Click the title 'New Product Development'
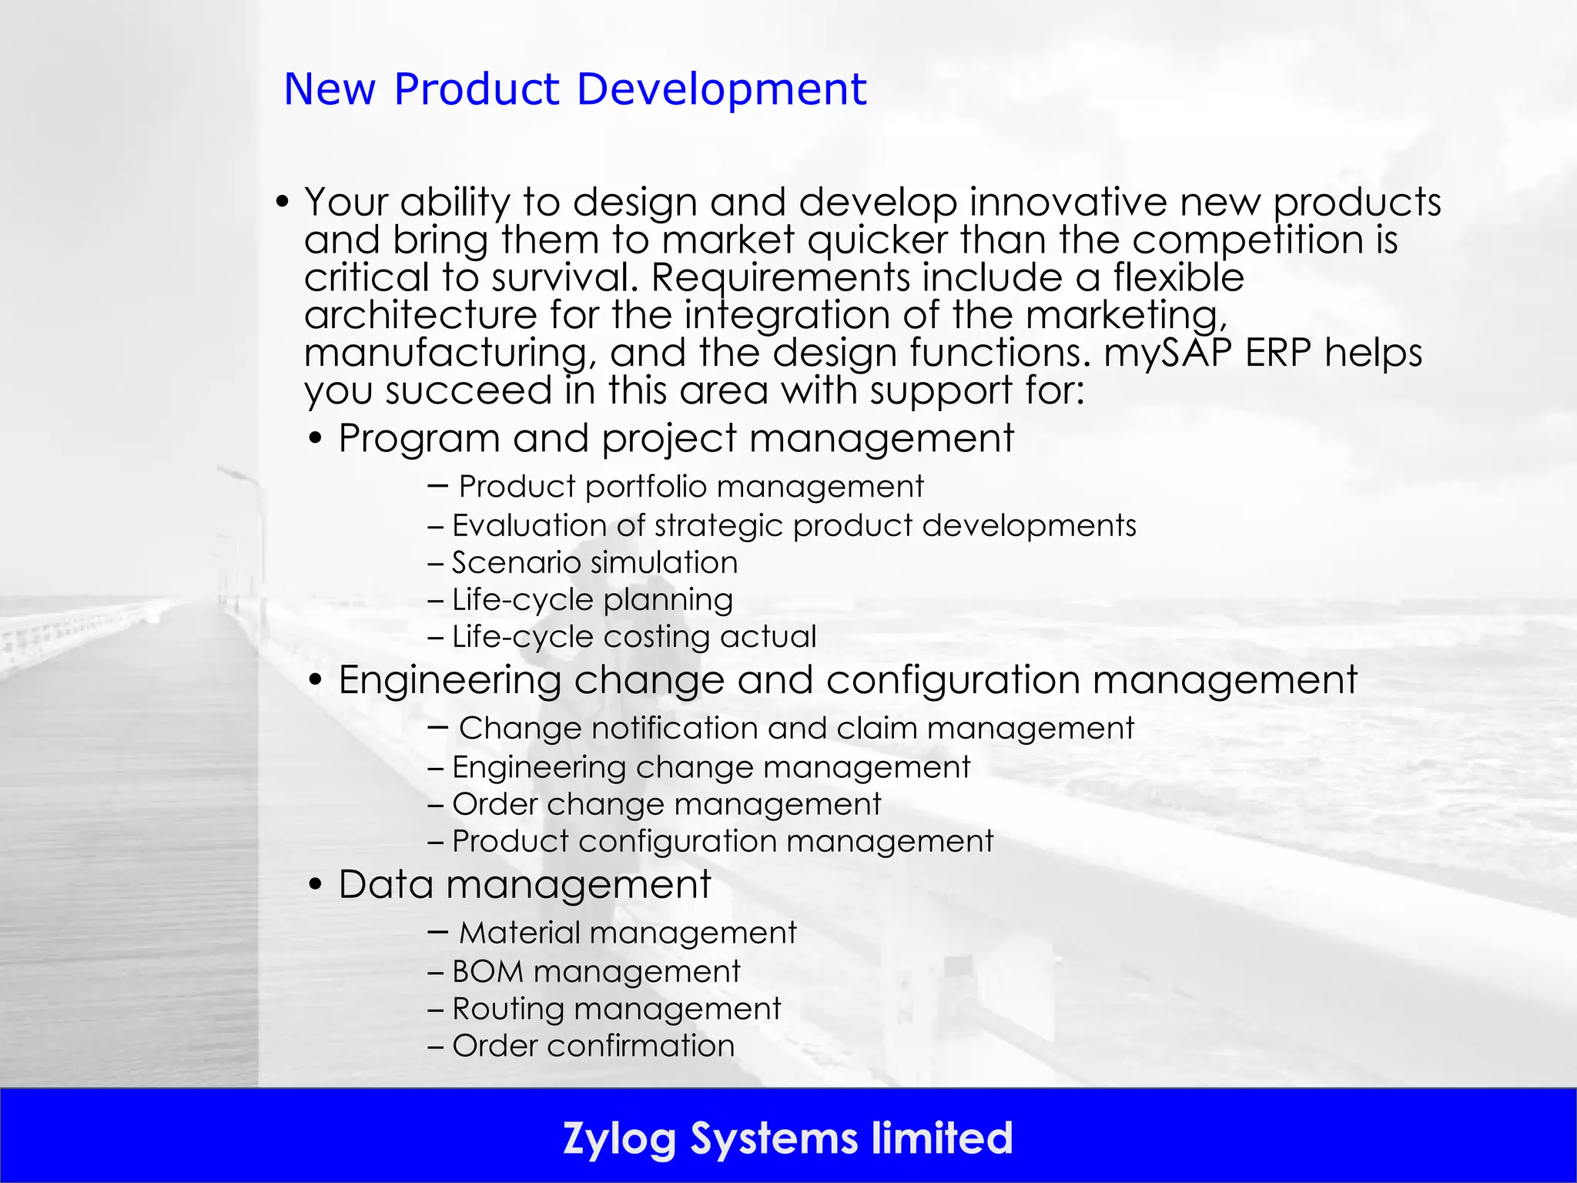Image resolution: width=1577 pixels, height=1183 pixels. pos(574,89)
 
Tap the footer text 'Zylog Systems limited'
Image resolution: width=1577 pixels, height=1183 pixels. pos(788,1138)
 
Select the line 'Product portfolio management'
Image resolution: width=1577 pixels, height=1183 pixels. pos(691,487)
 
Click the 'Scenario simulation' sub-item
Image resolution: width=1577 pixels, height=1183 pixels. pos(594,562)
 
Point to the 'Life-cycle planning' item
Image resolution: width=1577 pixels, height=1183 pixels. pos(592,599)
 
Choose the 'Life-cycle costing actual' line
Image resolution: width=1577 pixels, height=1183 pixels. pos(634,637)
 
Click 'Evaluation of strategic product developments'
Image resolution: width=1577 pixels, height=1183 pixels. pos(793,525)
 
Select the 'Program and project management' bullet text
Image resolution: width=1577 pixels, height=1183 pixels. pos(675,438)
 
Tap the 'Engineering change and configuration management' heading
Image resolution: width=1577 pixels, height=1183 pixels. pos(847,680)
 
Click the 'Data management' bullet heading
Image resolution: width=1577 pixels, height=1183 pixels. pos(524,884)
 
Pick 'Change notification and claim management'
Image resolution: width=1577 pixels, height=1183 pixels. pos(795,729)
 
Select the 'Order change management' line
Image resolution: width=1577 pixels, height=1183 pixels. pos(666,804)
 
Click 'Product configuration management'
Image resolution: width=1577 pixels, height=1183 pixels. pos(722,841)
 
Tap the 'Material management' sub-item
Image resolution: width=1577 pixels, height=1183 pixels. pos(627,933)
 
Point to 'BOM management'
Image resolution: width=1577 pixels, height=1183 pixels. pos(595,972)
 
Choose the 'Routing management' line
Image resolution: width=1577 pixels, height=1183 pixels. pos(616,1009)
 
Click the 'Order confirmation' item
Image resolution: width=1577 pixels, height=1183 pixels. pos(593,1046)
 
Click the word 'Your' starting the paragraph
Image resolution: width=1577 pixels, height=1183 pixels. pos(346,203)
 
